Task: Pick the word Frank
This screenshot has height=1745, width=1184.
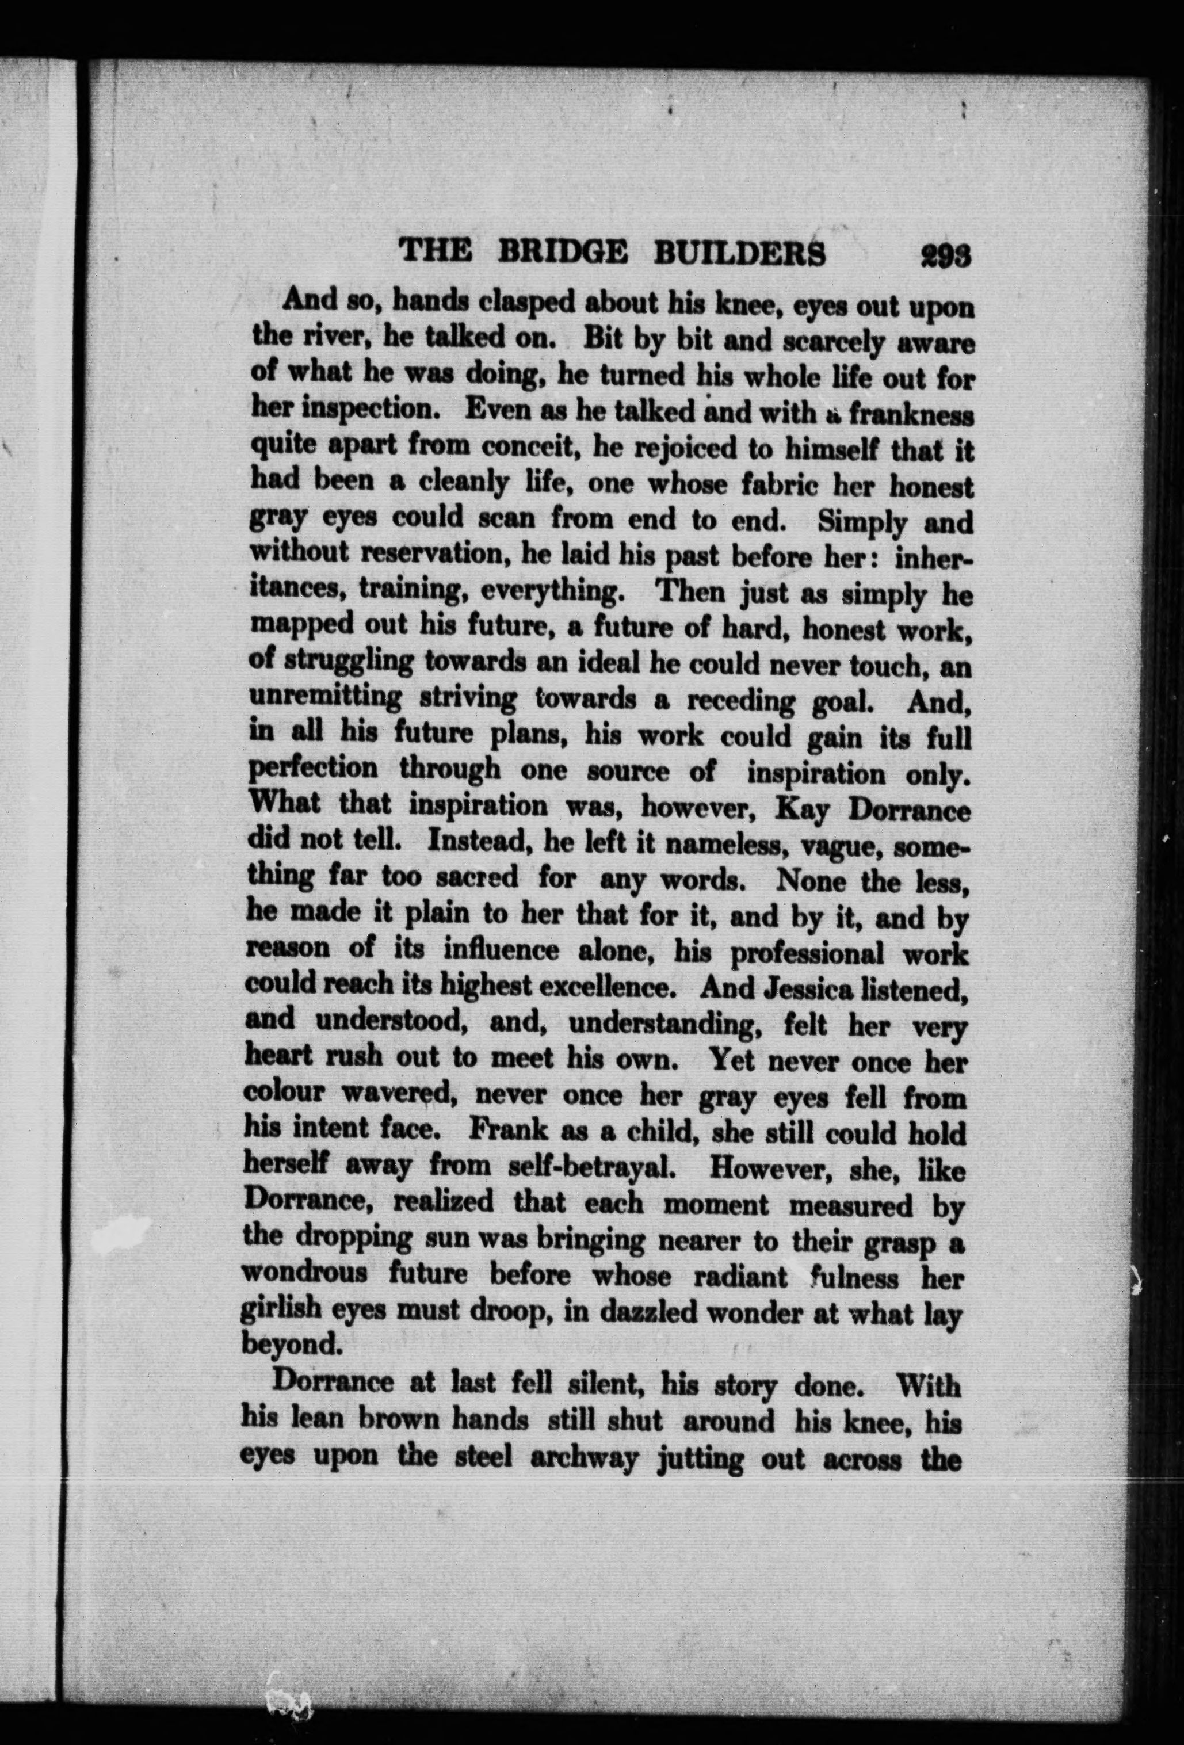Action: point(502,1131)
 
